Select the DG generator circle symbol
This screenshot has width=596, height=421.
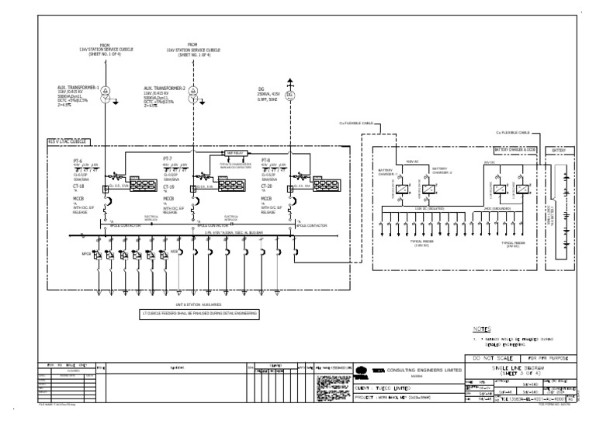(290, 95)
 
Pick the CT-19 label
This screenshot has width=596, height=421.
(168, 186)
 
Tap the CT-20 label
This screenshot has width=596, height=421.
(267, 186)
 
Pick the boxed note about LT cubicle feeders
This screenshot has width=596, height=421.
(199, 313)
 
